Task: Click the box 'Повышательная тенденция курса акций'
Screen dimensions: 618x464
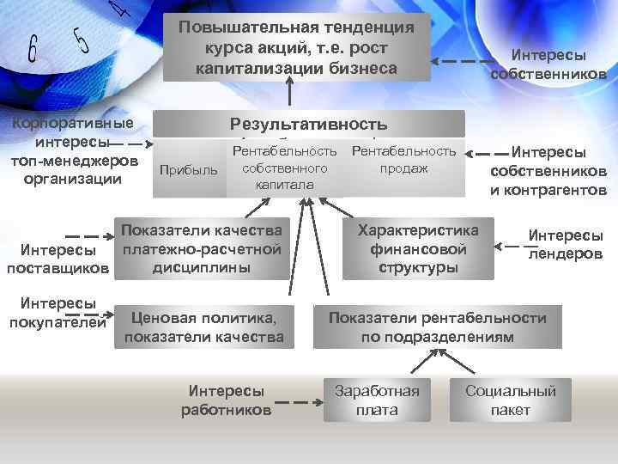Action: (x=296, y=47)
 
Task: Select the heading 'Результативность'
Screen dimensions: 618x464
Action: (x=308, y=124)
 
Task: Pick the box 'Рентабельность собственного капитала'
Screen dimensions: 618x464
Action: (x=284, y=168)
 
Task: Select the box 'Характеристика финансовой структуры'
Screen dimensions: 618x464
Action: (x=418, y=248)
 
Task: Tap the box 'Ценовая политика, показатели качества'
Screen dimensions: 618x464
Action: (x=203, y=327)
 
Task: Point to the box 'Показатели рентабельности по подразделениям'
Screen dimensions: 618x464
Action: (x=437, y=327)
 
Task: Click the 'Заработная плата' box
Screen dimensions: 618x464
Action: (x=377, y=400)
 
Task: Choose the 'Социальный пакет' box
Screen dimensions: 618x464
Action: (x=510, y=400)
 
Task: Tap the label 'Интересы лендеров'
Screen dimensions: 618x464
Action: (x=565, y=244)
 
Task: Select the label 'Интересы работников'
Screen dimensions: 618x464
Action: (x=226, y=400)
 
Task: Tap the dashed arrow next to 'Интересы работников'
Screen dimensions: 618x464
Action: (x=296, y=401)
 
